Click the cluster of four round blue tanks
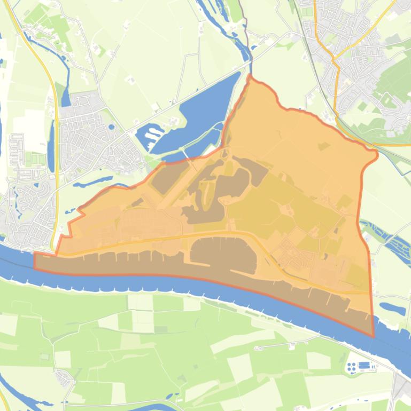pos(352,367)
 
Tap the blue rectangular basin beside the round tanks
pos(365,365)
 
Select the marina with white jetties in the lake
pos(150,134)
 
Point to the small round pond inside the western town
pos(111,127)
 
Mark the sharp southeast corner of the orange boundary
pos(374,336)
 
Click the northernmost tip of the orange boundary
pos(250,76)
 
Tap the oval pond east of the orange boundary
pos(392,309)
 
